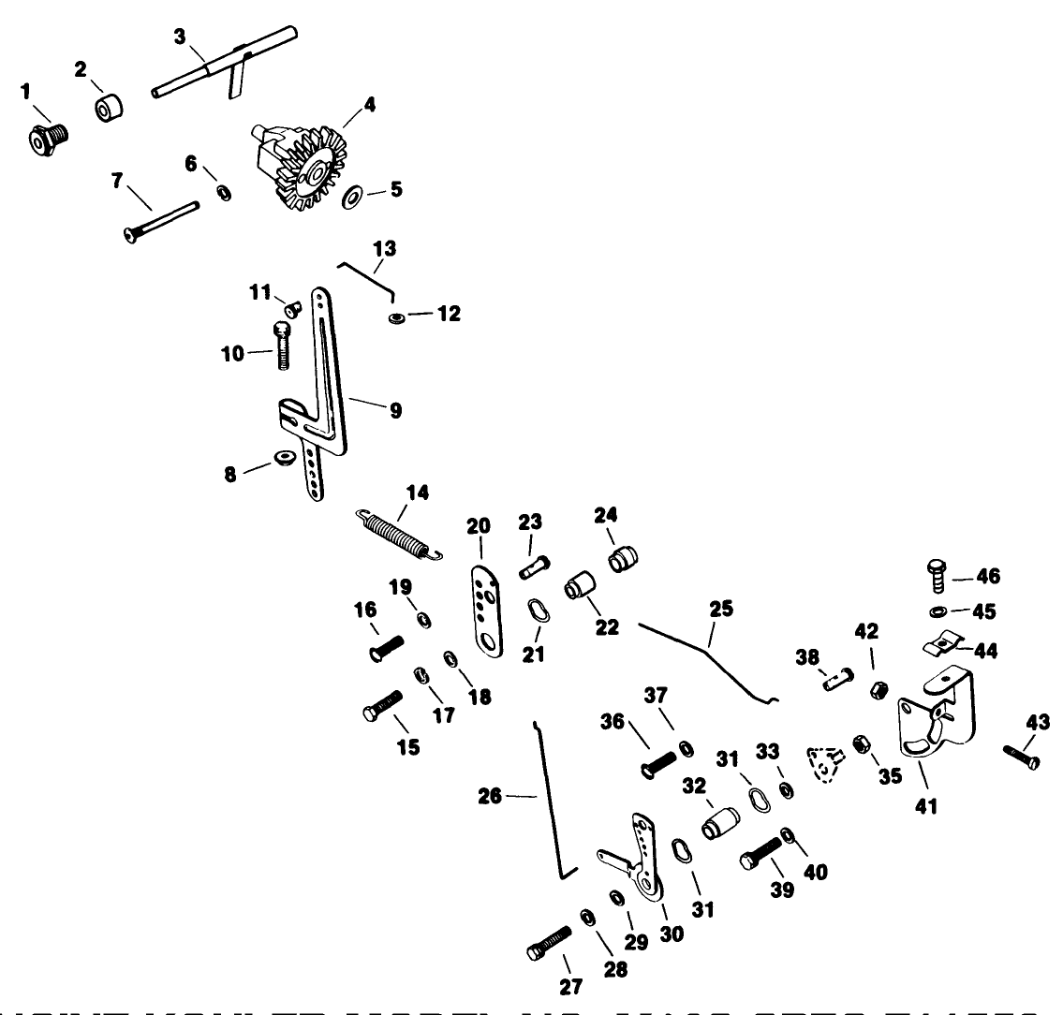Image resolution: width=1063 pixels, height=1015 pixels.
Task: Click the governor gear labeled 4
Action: click(300, 161)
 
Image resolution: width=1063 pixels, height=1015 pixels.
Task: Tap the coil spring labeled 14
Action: click(397, 534)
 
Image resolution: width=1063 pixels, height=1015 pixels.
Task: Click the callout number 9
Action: click(396, 410)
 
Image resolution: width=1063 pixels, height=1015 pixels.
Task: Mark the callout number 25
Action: click(720, 610)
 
